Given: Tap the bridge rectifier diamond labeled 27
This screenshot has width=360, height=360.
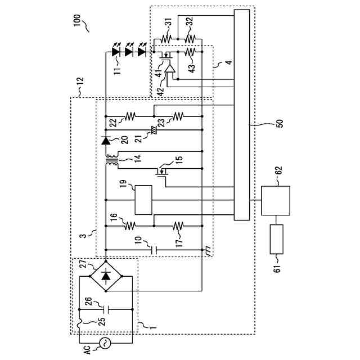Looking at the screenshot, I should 106,276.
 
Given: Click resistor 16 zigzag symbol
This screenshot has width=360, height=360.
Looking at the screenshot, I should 129,224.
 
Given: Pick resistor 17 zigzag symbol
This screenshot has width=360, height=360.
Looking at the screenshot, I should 178,224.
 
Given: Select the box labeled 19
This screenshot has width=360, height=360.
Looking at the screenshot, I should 144,200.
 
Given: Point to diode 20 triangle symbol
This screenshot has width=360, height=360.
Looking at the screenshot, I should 106,140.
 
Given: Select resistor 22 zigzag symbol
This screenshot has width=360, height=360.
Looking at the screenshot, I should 130,116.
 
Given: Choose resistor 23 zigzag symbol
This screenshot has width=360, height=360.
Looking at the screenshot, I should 178,116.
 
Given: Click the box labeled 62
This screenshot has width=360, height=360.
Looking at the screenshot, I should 276,200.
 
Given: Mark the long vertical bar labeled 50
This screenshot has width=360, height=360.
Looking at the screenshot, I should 241,115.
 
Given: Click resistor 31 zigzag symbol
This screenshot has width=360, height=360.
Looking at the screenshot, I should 165,39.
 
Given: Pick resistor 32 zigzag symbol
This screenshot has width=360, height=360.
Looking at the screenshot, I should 190,39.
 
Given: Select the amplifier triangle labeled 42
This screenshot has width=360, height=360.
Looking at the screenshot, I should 169,69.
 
